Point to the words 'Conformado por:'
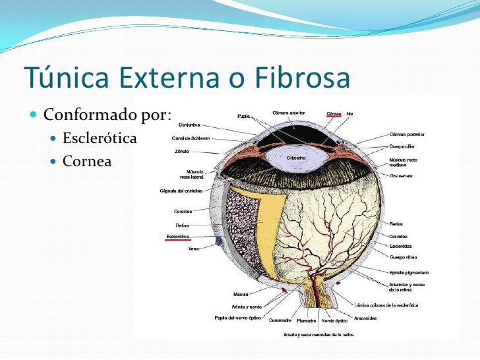pos(107,116)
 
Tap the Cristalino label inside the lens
pos(296,158)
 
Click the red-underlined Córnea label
pos(333,113)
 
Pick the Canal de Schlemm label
pos(191,138)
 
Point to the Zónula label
pos(182,151)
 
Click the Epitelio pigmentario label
pos(409,271)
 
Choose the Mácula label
pos(241,293)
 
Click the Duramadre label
pos(281,320)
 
